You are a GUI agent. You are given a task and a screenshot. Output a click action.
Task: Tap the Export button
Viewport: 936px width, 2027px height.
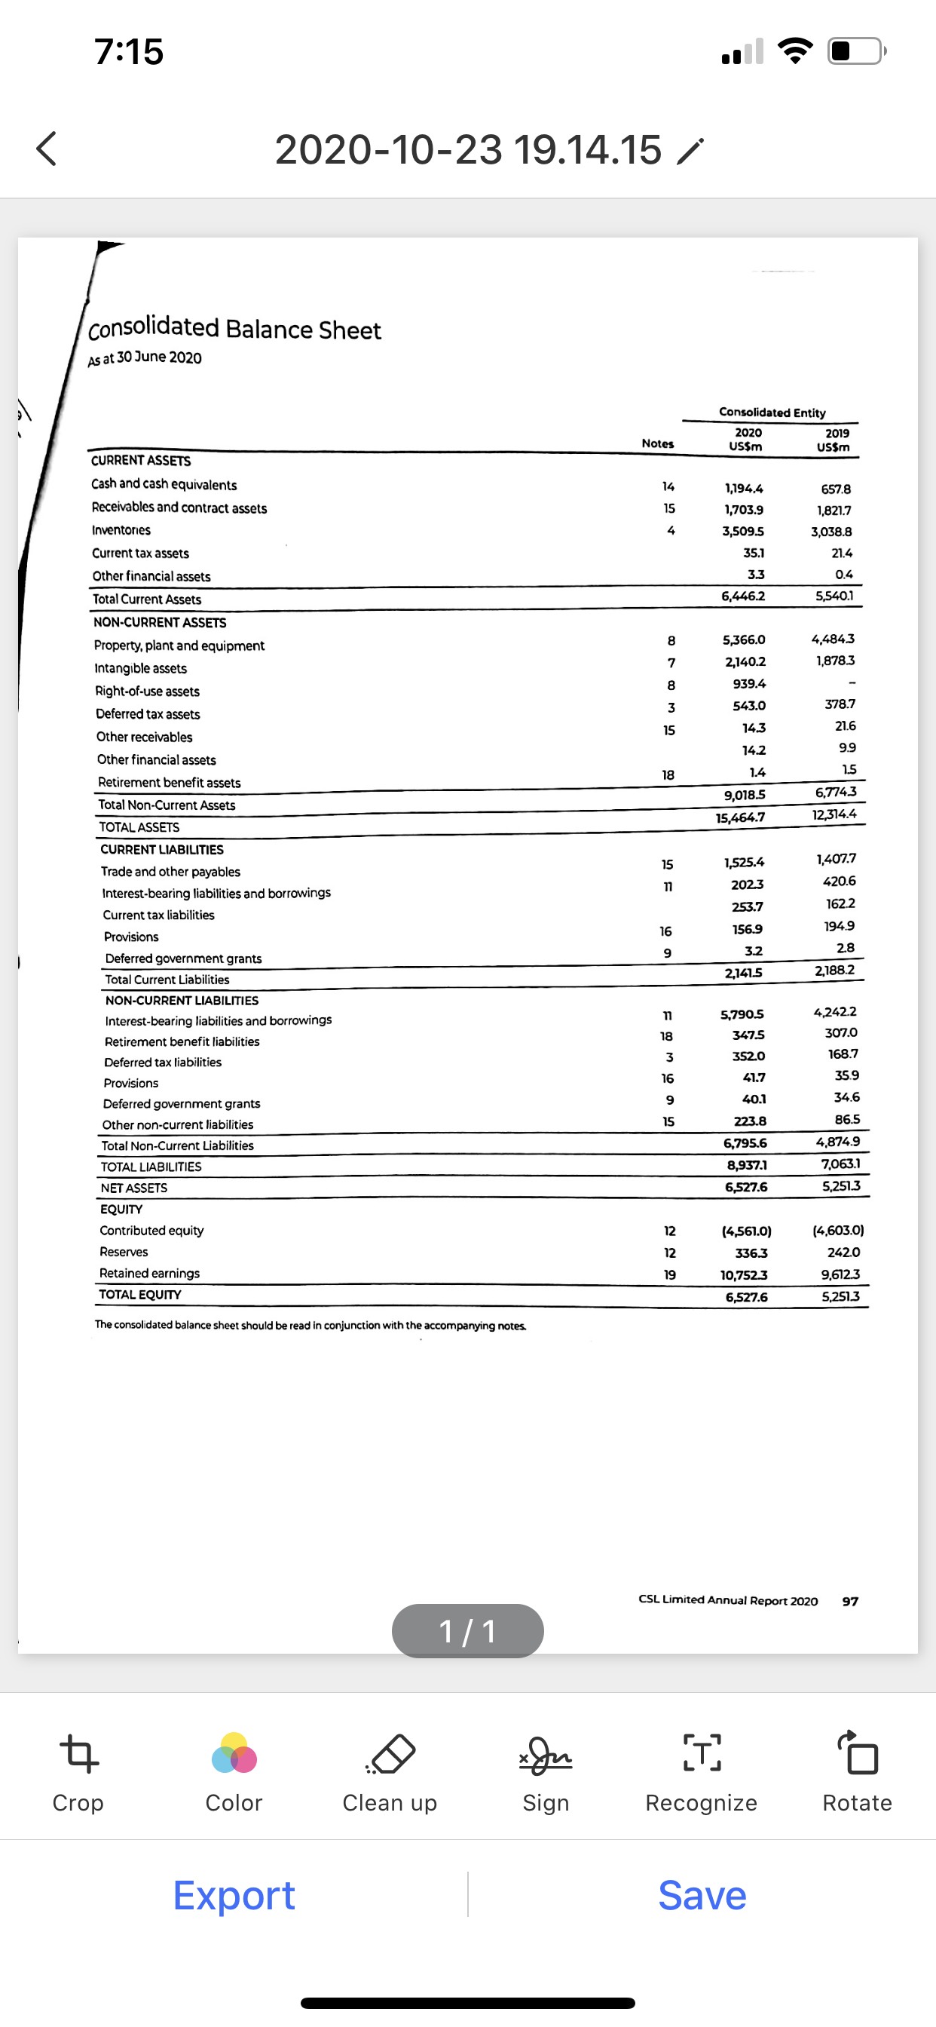click(234, 1895)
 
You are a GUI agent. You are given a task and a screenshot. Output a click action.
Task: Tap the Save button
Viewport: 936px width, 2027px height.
click(702, 1895)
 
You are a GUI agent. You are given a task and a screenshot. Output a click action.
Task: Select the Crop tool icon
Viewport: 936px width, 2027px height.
click(78, 1753)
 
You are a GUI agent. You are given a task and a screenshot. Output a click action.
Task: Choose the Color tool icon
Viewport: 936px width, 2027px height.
click(234, 1753)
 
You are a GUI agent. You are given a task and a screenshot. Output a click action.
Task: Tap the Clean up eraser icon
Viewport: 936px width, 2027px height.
click(390, 1753)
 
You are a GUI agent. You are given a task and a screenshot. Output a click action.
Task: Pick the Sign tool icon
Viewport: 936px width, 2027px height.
click(545, 1755)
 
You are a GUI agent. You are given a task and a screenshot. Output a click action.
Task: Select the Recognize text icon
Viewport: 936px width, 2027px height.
click(701, 1753)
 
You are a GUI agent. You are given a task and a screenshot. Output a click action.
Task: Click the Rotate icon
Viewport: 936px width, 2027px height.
click(858, 1753)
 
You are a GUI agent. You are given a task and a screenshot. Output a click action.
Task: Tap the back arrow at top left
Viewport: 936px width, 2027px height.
click(47, 149)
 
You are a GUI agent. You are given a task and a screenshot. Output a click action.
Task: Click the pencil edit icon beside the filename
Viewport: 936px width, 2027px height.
click(690, 151)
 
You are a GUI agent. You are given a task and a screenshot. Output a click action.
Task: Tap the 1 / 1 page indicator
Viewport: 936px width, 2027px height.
click(467, 1630)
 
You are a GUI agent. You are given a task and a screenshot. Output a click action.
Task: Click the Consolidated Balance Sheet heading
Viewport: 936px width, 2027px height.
click(234, 328)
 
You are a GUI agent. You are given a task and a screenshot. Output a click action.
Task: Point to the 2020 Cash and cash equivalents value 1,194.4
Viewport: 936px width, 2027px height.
click(743, 488)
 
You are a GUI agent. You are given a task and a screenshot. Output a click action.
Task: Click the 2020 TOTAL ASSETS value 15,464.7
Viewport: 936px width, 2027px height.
click(740, 817)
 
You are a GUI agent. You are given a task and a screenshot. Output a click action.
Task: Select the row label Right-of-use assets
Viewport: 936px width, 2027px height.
click(147, 691)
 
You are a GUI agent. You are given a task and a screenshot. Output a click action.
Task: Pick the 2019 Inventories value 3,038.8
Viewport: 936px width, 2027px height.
click(831, 532)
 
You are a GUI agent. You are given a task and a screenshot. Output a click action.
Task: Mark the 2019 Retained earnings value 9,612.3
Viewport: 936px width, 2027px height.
click(840, 1274)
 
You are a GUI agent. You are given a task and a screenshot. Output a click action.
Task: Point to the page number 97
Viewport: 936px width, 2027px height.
click(850, 1601)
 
